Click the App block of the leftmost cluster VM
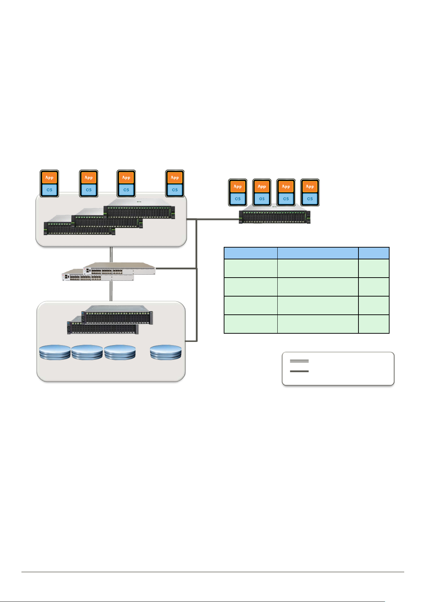[x=49, y=178]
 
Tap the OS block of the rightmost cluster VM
[x=175, y=190]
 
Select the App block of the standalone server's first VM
[x=238, y=186]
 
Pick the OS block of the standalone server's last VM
[x=310, y=199]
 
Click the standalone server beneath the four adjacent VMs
[x=274, y=217]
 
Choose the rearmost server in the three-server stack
[x=139, y=211]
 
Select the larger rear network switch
[x=119, y=268]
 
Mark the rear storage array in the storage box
[x=118, y=314]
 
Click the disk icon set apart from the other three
[x=166, y=352]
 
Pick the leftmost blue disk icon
[x=55, y=352]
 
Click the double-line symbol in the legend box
[x=299, y=361]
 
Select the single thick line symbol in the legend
[x=299, y=372]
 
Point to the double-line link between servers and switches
[x=111, y=254]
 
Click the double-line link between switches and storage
[x=111, y=291]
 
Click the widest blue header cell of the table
[x=318, y=253]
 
